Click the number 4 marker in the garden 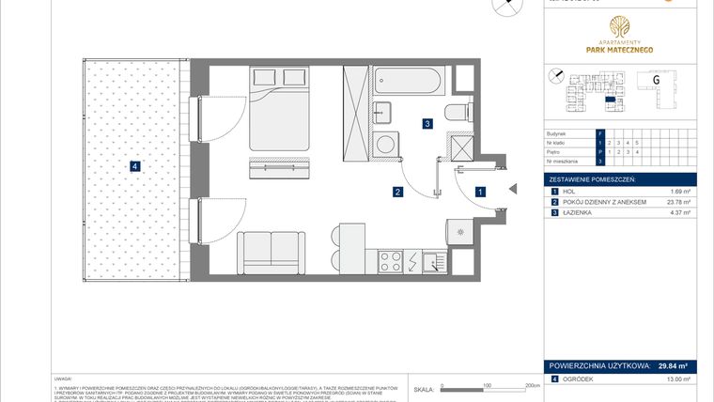click(x=136, y=167)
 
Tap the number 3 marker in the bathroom click(x=427, y=123)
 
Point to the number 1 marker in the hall click(x=480, y=192)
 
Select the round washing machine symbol click(x=384, y=143)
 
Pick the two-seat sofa click(x=272, y=252)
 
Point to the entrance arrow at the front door click(x=512, y=191)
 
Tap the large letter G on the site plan click(x=655, y=79)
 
